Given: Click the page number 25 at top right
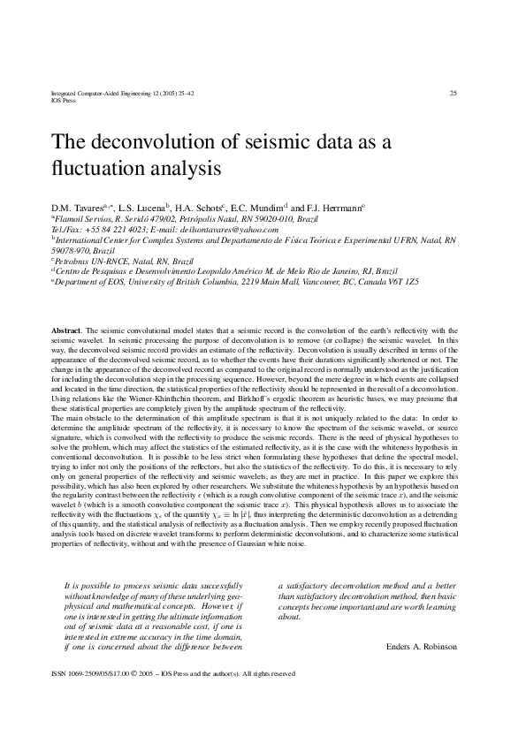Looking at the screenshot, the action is [453, 93].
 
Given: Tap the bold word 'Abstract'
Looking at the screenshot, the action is [68, 329].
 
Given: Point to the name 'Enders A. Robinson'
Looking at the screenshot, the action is [423, 647].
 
